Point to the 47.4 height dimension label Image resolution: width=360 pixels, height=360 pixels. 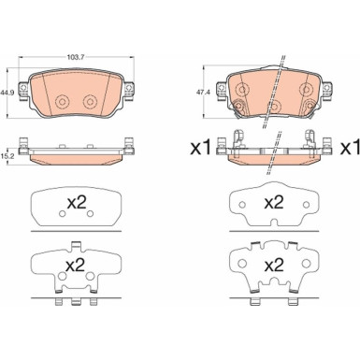[197, 93]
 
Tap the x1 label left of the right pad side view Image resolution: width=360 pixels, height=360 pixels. [201, 149]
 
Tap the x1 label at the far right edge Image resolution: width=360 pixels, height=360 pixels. [350, 149]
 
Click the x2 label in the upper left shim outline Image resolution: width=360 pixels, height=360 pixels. [77, 203]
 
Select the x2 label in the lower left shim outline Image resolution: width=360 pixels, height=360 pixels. [76, 266]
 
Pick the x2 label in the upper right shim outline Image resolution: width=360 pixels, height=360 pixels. [274, 203]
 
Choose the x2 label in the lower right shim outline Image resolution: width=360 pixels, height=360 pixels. [274, 266]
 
